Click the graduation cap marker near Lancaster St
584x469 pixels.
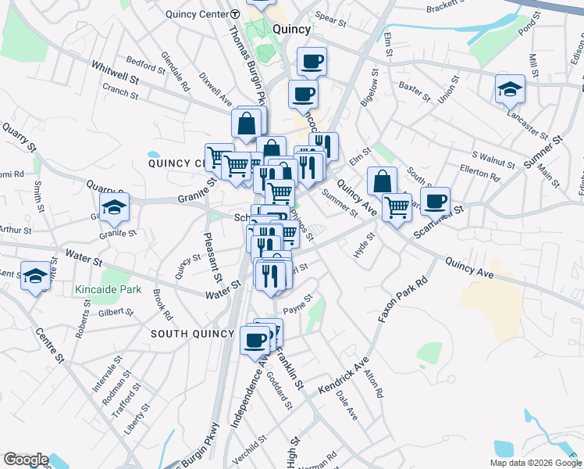point(510,89)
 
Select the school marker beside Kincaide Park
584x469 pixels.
point(36,276)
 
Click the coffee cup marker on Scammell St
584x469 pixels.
point(436,201)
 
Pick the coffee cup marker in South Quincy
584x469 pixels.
point(255,339)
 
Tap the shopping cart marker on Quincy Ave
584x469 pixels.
point(397,207)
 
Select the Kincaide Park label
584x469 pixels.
point(109,289)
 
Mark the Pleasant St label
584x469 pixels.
point(211,257)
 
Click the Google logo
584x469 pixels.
point(26,460)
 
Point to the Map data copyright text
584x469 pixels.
point(535,463)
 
